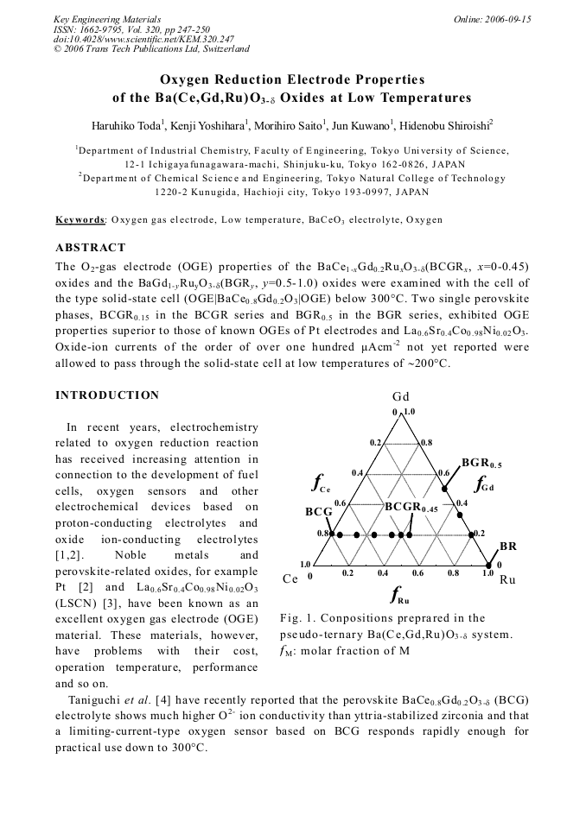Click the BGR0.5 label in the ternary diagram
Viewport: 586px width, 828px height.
click(481, 464)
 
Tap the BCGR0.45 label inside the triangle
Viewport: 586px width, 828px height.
click(411, 506)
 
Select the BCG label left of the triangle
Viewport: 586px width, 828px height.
click(318, 511)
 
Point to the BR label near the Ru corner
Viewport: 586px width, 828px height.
click(508, 547)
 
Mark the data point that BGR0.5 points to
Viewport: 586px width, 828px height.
click(446, 489)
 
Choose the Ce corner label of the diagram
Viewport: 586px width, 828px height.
click(290, 578)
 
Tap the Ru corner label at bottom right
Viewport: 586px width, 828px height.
click(507, 579)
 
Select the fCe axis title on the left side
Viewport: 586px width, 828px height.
click(321, 482)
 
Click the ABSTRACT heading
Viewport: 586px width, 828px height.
click(91, 248)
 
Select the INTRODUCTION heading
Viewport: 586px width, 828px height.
click(107, 395)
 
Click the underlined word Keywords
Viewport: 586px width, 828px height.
click(80, 220)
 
